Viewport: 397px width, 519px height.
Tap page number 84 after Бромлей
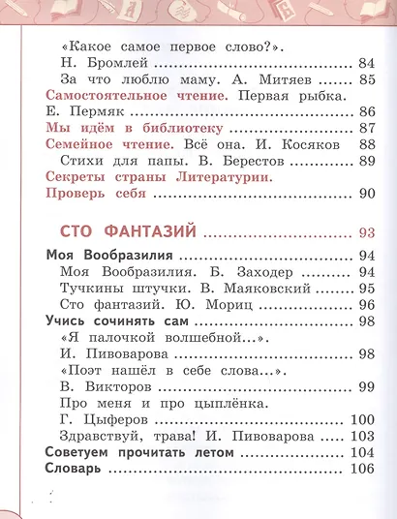pyautogui.click(x=366, y=63)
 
